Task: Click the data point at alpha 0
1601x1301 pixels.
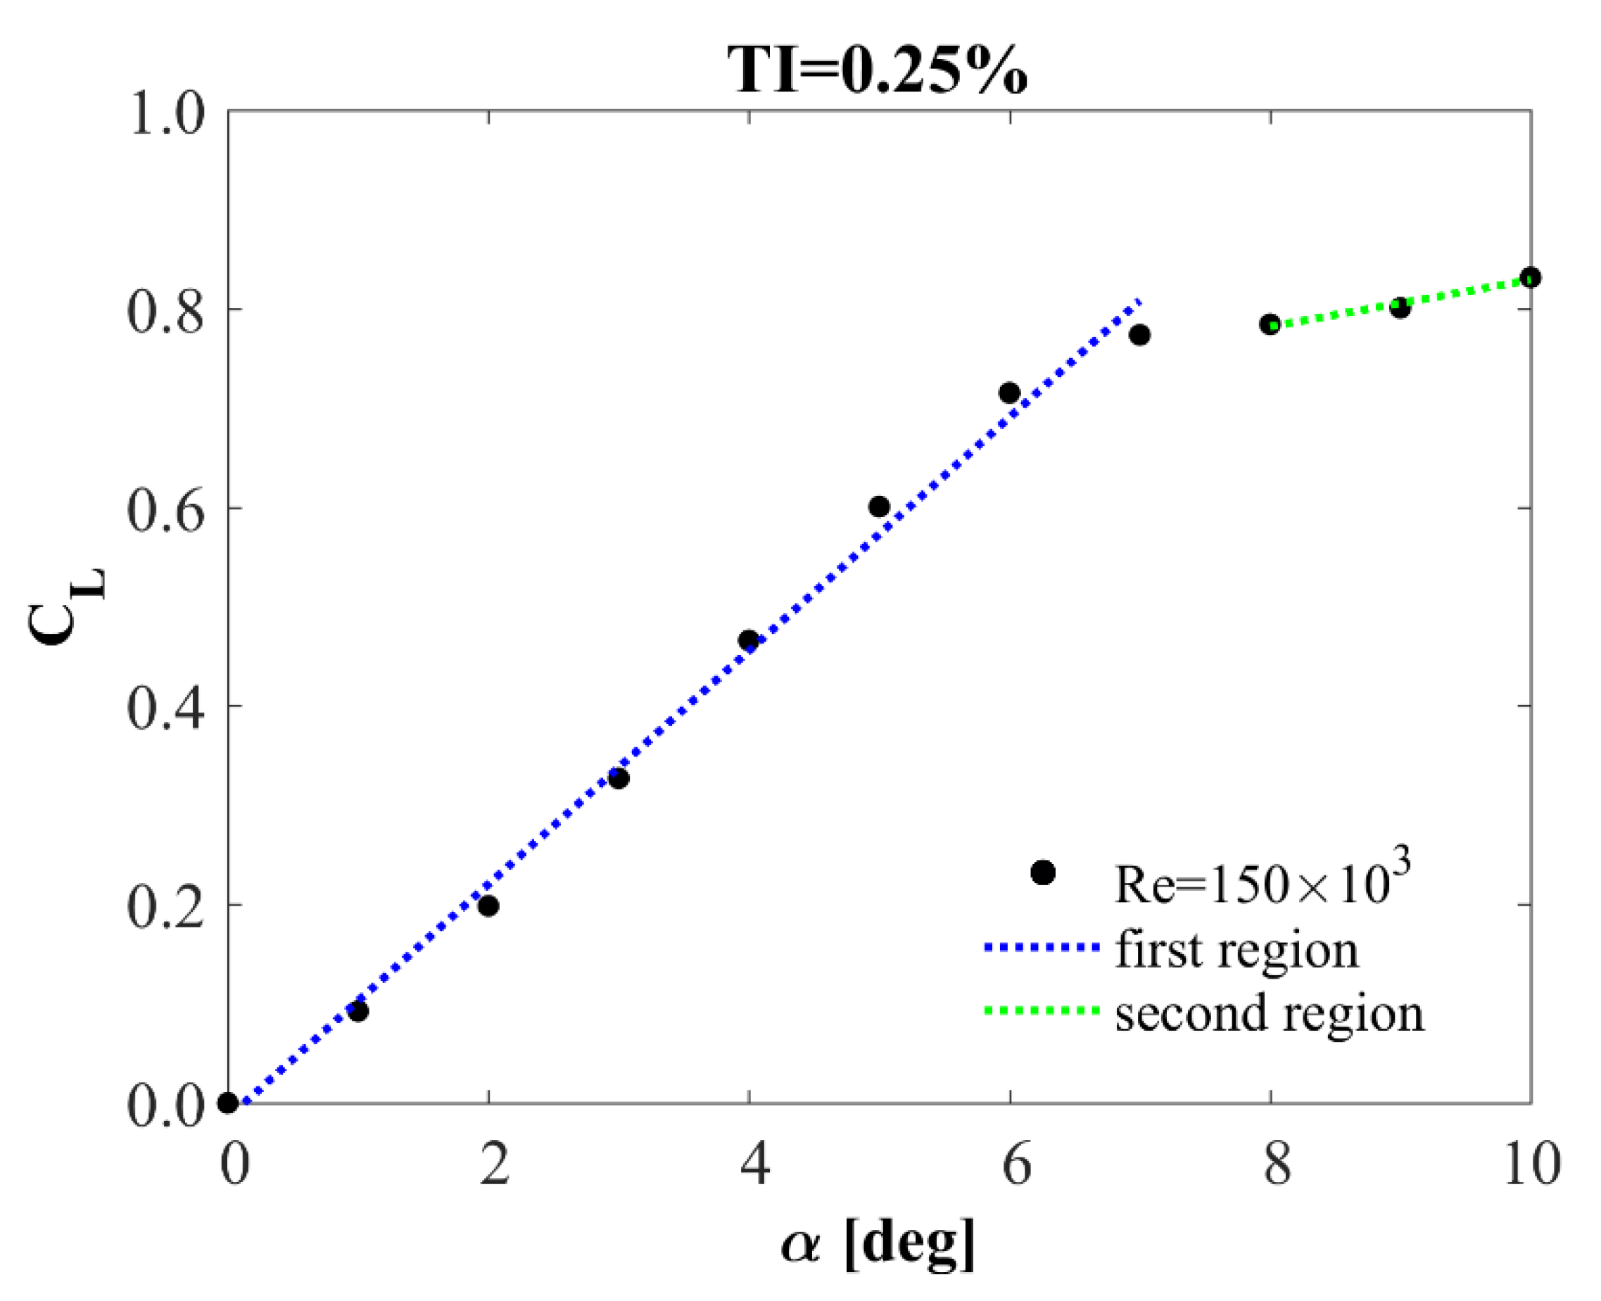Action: [229, 1103]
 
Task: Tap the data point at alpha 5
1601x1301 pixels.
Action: [879, 507]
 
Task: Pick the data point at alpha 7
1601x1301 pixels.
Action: [1139, 335]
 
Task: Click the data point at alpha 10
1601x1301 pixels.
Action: [1531, 277]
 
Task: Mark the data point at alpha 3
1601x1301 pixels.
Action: [619, 780]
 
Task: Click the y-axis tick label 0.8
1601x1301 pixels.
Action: [165, 312]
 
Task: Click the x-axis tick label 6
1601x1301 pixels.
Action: [1015, 1166]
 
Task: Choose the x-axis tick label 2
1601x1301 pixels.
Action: [495, 1166]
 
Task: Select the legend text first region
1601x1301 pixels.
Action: [1236, 951]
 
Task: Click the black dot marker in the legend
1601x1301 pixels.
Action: [1044, 872]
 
